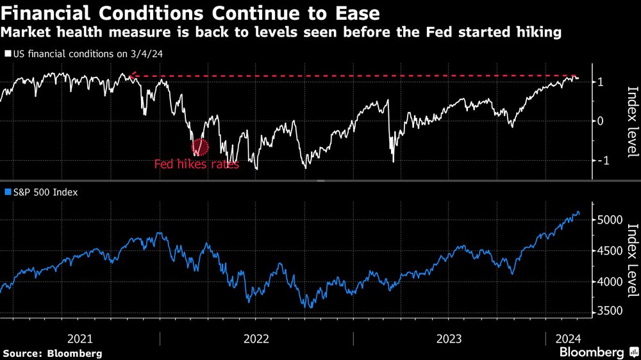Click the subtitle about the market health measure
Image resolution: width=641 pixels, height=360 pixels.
pyautogui.click(x=281, y=32)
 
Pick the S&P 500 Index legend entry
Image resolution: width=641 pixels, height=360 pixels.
pyautogui.click(x=42, y=191)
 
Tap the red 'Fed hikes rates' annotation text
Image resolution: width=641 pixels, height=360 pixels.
pyautogui.click(x=196, y=164)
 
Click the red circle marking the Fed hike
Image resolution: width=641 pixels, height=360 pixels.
pyautogui.click(x=201, y=147)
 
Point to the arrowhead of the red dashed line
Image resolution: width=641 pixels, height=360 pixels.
pyautogui.click(x=132, y=78)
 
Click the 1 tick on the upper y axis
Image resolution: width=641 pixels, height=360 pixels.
pyautogui.click(x=601, y=81)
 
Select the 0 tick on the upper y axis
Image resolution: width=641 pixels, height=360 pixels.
pyautogui.click(x=601, y=121)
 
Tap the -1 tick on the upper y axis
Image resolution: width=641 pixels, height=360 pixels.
pyautogui.click(x=599, y=160)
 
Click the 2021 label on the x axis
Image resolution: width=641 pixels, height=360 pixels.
pyautogui.click(x=80, y=338)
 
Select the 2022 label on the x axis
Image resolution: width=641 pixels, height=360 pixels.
pyautogui.click(x=256, y=338)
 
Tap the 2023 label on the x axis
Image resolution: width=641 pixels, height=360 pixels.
pyautogui.click(x=449, y=338)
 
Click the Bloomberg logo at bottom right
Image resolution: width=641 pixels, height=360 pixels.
pyautogui.click(x=592, y=352)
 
